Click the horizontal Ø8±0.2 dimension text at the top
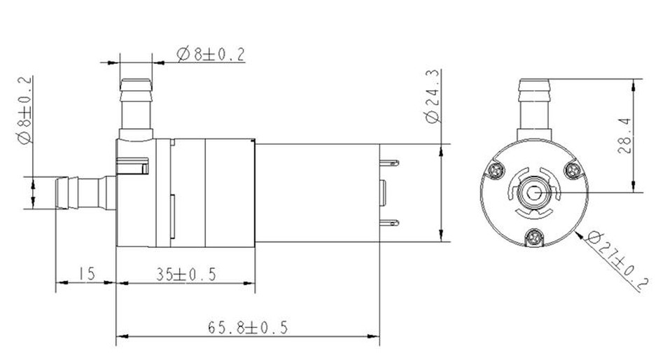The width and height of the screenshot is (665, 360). [211, 54]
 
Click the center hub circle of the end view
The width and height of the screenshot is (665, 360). [535, 193]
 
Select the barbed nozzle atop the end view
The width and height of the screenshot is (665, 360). [535, 105]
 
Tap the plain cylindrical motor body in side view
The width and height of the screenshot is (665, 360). [315, 193]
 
